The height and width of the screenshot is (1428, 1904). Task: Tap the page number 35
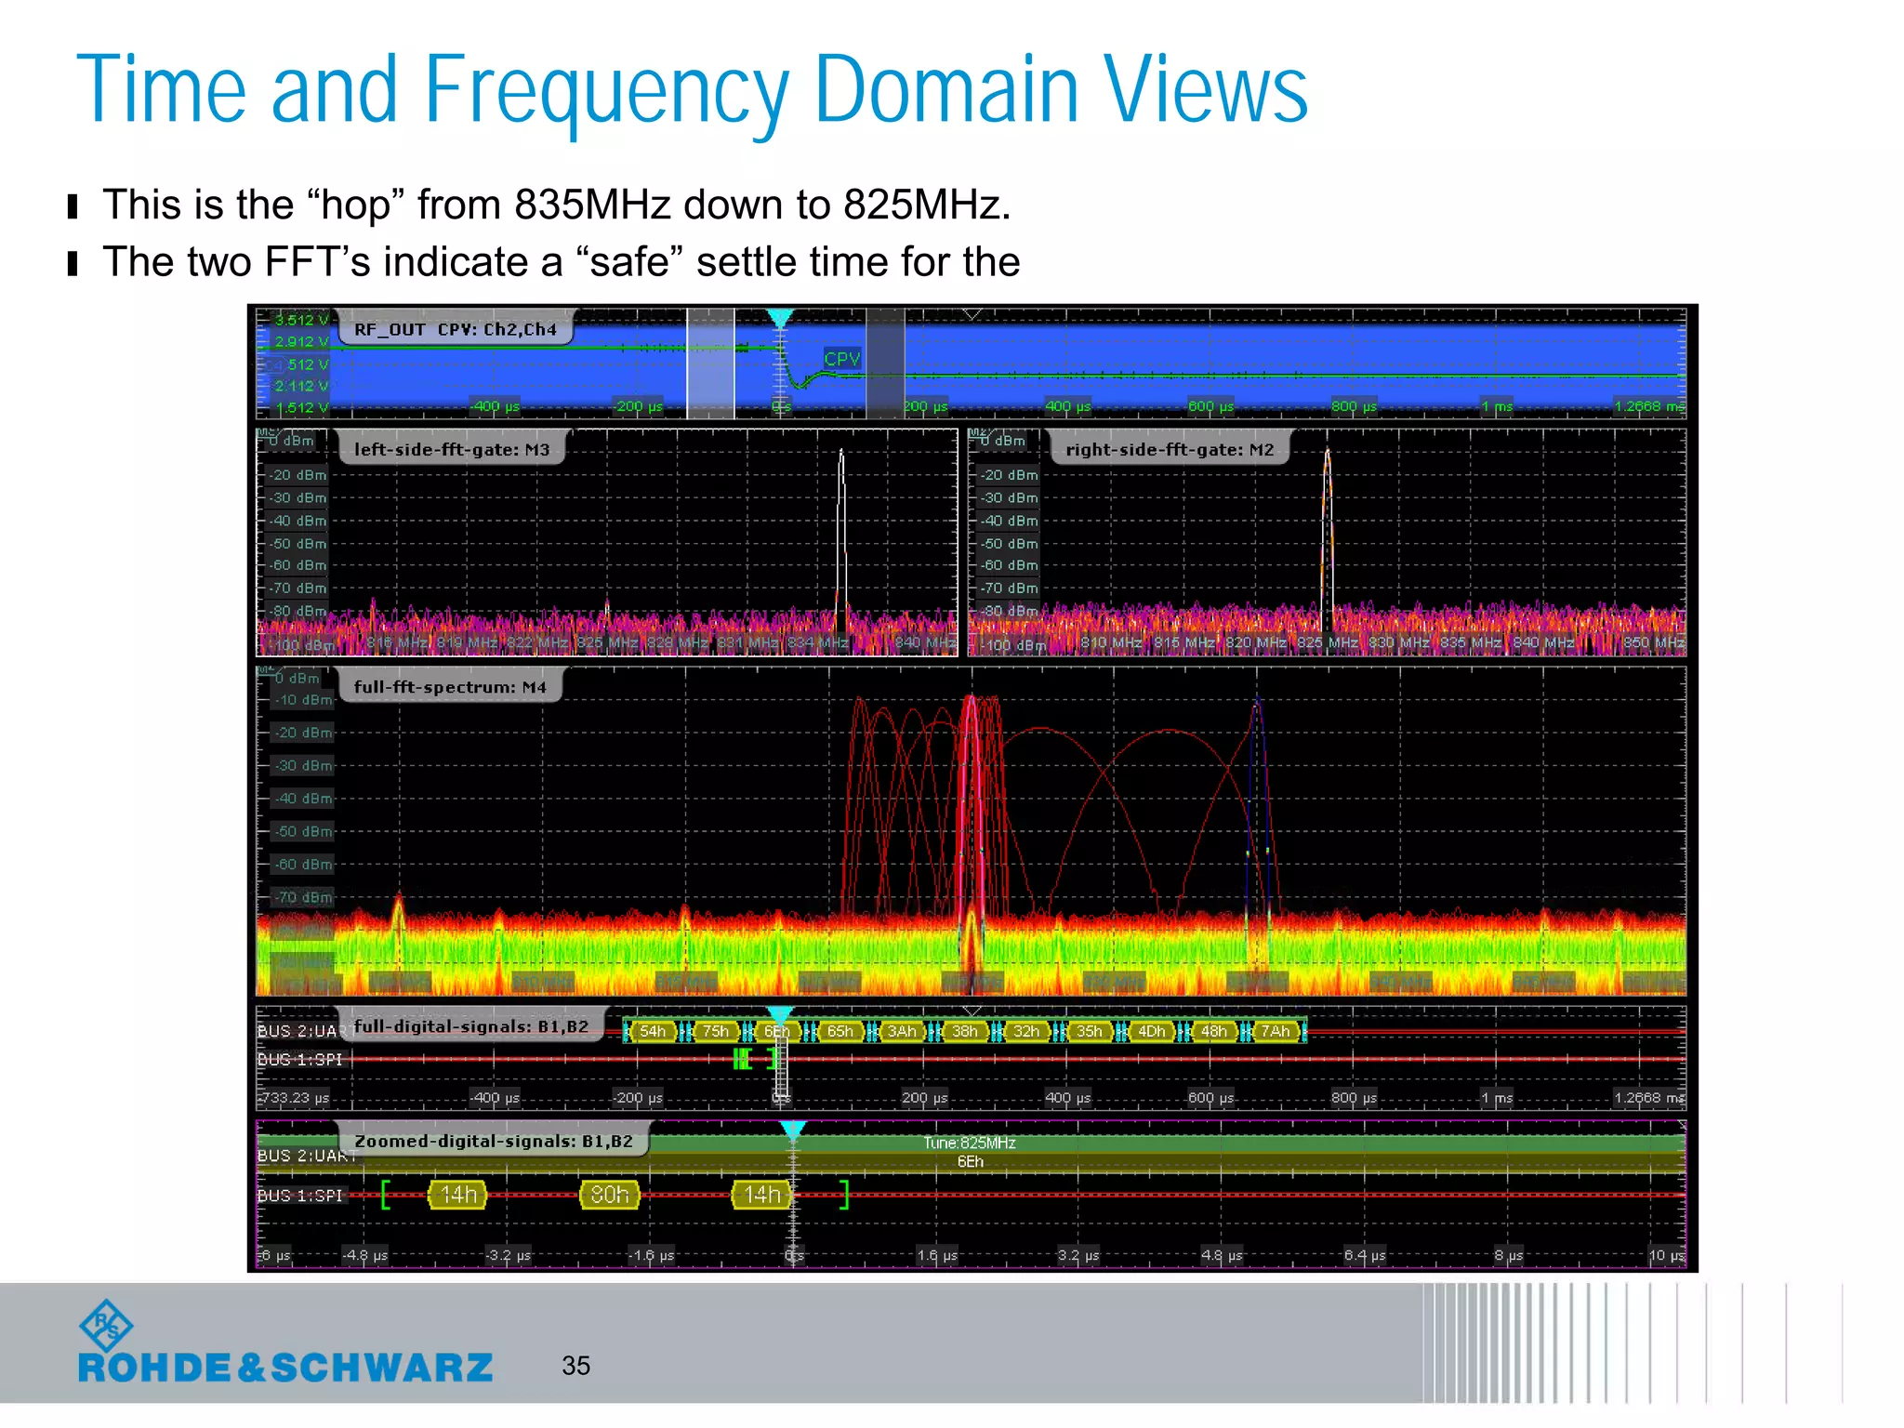click(x=575, y=1365)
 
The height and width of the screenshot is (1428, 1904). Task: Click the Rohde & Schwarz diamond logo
click(x=106, y=1326)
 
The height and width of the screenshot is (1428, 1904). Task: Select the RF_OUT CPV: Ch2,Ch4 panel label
click(x=455, y=329)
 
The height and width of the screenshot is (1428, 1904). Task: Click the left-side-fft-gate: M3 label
click(x=451, y=450)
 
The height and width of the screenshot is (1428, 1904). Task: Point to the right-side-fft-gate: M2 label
click(x=1169, y=450)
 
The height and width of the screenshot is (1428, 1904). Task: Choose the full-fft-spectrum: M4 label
click(x=449, y=687)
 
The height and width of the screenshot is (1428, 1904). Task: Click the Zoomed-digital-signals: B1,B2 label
click(x=493, y=1141)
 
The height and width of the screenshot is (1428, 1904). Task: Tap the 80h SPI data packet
click(x=610, y=1195)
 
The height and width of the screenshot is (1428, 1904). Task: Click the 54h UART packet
click(x=653, y=1031)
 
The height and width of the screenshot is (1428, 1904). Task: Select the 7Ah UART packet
click(x=1276, y=1031)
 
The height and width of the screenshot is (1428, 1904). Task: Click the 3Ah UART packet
click(x=902, y=1031)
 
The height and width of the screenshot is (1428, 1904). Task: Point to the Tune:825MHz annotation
click(x=970, y=1143)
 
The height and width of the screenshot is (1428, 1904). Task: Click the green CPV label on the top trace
click(x=842, y=358)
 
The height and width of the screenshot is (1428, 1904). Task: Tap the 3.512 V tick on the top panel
click(x=301, y=320)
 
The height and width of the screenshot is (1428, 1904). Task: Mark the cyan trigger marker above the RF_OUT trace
click(x=780, y=318)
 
